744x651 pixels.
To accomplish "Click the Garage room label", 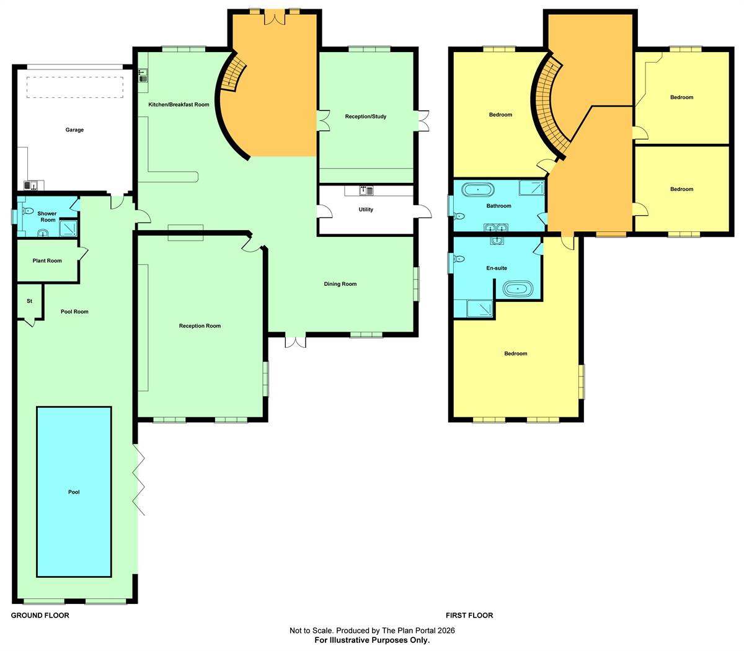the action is click(x=74, y=130).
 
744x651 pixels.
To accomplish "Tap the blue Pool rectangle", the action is click(x=74, y=492).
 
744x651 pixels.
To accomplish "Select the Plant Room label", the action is click(x=47, y=261).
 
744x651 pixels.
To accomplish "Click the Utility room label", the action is click(x=366, y=210).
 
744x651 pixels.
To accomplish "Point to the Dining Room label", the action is click(x=340, y=284).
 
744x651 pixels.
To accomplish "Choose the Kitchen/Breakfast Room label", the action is click(x=179, y=104).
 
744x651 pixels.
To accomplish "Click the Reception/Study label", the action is click(x=366, y=117).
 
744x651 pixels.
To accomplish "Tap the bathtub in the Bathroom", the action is click(x=478, y=190).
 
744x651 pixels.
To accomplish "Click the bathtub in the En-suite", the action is click(x=518, y=289).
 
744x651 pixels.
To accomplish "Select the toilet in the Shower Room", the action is click(x=28, y=211).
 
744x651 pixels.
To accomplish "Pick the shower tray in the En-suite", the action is click(x=480, y=309).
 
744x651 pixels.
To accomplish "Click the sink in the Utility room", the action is click(x=366, y=190).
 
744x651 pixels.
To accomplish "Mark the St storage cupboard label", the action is click(x=30, y=301).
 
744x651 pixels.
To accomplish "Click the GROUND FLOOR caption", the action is click(x=40, y=616).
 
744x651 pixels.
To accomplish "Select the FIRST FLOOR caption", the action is click(x=469, y=616).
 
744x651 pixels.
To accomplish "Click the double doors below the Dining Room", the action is click(x=296, y=342).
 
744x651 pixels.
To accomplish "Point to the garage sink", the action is click(x=32, y=186).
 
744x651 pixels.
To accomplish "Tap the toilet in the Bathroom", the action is click(x=459, y=216).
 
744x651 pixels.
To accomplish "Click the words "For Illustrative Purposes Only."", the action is click(x=372, y=640).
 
